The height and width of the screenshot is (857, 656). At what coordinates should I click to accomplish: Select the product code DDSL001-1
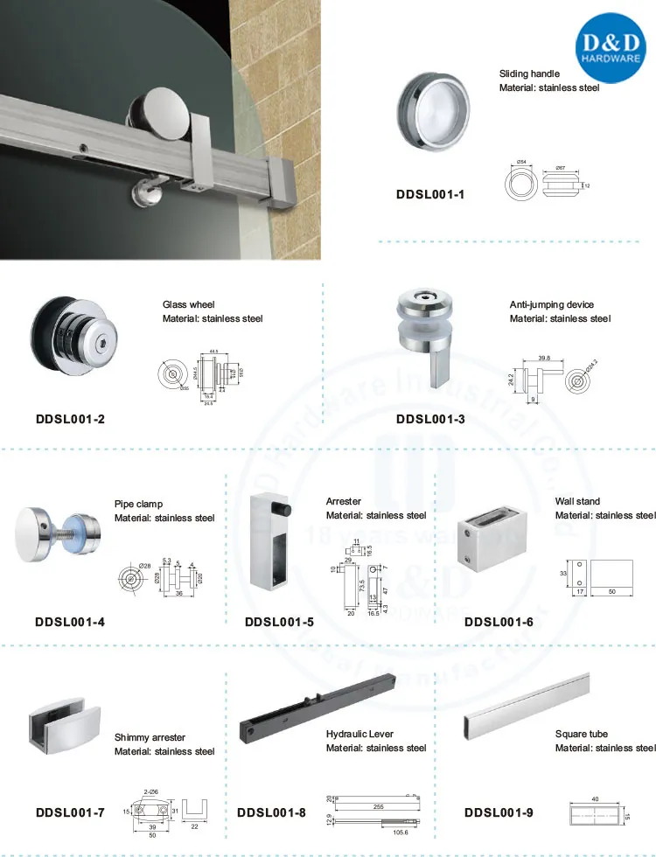tap(430, 194)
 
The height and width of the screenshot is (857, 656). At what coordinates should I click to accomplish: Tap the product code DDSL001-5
tap(279, 623)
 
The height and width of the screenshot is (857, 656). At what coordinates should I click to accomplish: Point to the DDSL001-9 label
tap(498, 812)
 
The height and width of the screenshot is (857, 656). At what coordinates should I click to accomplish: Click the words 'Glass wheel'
tap(188, 304)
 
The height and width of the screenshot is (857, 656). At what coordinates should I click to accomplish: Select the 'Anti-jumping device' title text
tap(551, 304)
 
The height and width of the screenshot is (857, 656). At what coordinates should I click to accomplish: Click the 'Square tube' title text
tap(581, 734)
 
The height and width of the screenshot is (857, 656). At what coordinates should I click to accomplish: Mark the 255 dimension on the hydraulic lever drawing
tap(378, 805)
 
